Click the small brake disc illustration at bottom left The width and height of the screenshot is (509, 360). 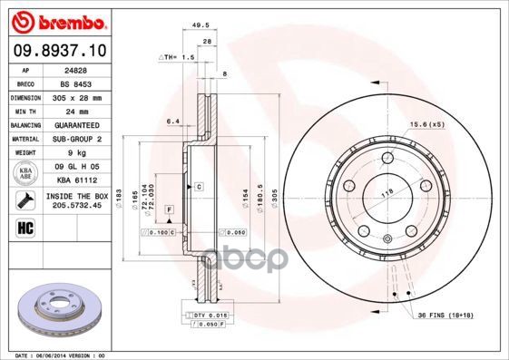pyautogui.click(x=55, y=312)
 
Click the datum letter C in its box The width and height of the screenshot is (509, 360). pyautogui.click(x=198, y=186)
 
